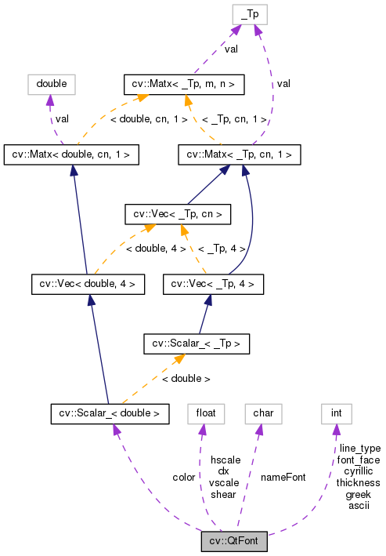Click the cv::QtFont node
(234, 541)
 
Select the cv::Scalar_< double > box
(110, 412)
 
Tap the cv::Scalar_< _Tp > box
(197, 343)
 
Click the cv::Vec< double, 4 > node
(87, 283)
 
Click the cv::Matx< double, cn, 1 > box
(71, 154)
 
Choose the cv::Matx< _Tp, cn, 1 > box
(240, 154)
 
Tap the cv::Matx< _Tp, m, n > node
(185, 82)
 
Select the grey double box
(50, 82)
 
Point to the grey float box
(202, 412)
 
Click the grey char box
(262, 412)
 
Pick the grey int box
(337, 412)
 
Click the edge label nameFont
(283, 477)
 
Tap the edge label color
(184, 477)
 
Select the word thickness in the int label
(358, 482)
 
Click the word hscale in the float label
(225, 459)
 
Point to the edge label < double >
(186, 378)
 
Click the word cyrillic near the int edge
(359, 471)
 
